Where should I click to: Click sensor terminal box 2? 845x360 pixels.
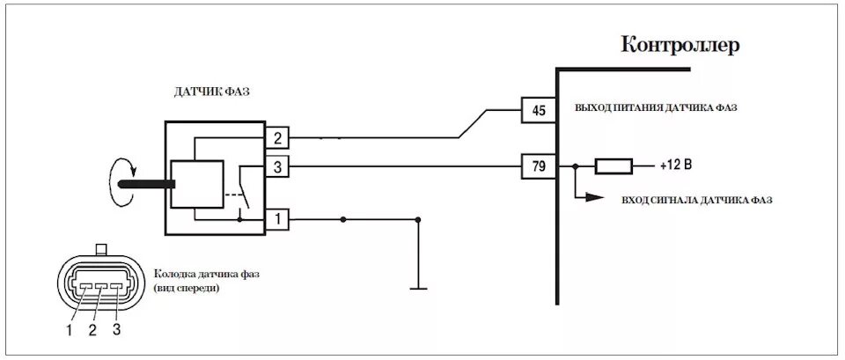pyautogui.click(x=277, y=137)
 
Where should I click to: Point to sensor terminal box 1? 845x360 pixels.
pyautogui.click(x=277, y=217)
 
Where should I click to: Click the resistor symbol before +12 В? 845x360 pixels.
pyautogui.click(x=614, y=165)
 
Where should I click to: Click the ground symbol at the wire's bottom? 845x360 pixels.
pyautogui.click(x=419, y=286)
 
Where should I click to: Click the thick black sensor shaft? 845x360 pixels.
pyautogui.click(x=145, y=184)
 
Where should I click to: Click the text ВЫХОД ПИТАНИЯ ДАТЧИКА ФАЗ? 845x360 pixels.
pyautogui.click(x=656, y=107)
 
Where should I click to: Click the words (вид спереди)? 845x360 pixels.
pyautogui.click(x=187, y=288)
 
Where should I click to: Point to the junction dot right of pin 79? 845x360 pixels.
pyautogui.click(x=575, y=165)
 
